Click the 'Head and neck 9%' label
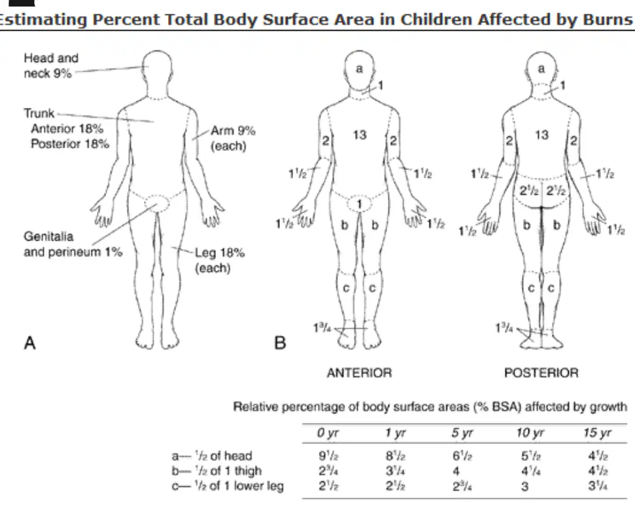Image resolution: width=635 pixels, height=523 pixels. click(x=51, y=65)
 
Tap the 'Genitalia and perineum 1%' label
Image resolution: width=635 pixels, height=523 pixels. click(x=73, y=244)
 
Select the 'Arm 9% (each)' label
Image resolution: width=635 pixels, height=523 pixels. click(x=232, y=138)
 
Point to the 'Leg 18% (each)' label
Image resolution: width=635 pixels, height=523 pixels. click(x=220, y=260)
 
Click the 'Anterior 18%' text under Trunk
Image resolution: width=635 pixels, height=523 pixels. click(x=67, y=129)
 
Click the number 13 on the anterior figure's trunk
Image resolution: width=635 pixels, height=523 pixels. click(x=360, y=135)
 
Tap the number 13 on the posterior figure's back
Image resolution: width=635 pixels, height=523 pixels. click(x=542, y=135)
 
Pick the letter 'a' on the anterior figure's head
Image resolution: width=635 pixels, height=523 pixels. click(x=359, y=69)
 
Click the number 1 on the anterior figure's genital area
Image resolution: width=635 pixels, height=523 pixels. click(x=359, y=205)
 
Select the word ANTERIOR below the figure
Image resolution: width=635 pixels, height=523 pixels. click(x=360, y=373)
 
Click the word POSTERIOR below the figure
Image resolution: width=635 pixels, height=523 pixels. click(x=541, y=373)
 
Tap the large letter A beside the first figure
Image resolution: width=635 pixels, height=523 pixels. click(x=30, y=343)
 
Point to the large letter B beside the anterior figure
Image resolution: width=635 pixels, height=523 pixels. click(x=281, y=343)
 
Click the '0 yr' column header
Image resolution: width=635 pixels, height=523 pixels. click(x=328, y=433)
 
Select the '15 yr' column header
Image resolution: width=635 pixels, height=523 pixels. click(x=597, y=433)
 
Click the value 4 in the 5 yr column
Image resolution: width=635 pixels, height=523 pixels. click(x=456, y=471)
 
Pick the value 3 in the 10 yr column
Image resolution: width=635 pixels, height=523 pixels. click(x=525, y=486)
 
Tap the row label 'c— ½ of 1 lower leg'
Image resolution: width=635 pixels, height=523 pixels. click(x=228, y=486)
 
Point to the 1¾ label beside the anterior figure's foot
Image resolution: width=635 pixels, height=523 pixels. click(x=322, y=327)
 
